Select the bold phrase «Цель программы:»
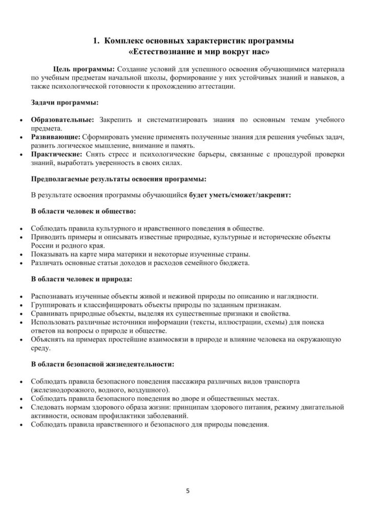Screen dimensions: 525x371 pyautogui.click(x=85, y=69)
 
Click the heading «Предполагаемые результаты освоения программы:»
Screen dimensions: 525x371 pyautogui.click(x=119, y=179)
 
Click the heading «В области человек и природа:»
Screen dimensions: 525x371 pyautogui.click(x=81, y=279)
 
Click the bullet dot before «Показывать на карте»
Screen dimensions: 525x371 pyautogui.click(x=20, y=255)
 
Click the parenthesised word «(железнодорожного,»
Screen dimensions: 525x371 pyautogui.click(x=64, y=390)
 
